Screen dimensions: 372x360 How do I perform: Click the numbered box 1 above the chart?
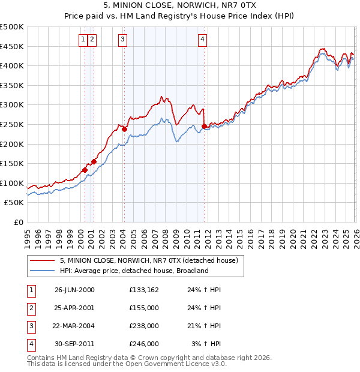(x=82, y=40)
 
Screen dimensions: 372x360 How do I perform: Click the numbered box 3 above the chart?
(x=122, y=40)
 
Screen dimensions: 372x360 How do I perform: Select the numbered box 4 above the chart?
(x=203, y=40)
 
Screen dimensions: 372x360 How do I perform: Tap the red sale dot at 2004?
(x=124, y=129)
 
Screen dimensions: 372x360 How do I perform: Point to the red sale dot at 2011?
(x=204, y=126)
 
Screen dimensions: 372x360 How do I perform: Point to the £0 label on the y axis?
(x=19, y=222)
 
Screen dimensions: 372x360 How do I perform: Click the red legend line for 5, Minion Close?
(x=43, y=261)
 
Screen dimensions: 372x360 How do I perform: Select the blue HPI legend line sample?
(x=43, y=271)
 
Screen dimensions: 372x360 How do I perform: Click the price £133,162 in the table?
(x=143, y=290)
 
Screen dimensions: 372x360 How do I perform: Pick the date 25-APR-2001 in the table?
(x=74, y=308)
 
